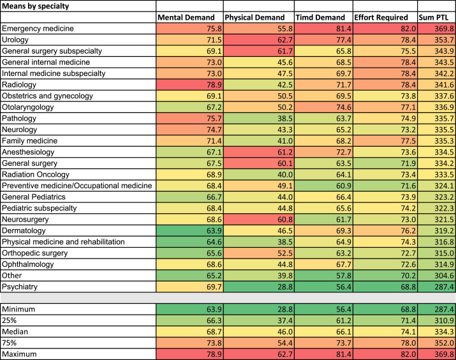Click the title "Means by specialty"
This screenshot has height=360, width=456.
tap(36, 6)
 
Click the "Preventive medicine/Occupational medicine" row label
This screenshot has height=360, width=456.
tap(77, 186)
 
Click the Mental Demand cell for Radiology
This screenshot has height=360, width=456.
tap(190, 84)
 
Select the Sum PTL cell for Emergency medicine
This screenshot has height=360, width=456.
tap(436, 29)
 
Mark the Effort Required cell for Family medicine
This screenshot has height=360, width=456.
tap(385, 140)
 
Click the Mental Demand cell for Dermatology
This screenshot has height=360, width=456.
tap(190, 230)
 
